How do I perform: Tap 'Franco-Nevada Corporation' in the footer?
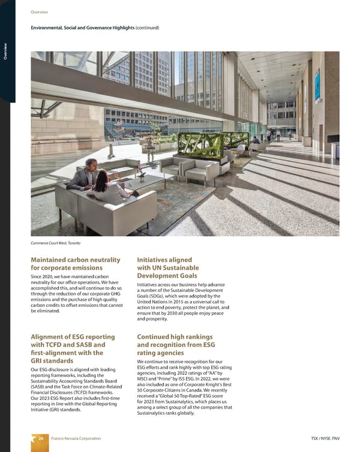(75, 439)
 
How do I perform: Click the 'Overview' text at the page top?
(40, 12)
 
